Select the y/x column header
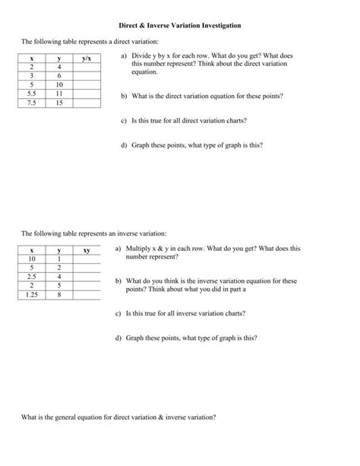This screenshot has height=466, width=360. click(87, 59)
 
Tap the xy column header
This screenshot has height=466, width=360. click(87, 249)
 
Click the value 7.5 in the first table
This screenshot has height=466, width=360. click(32, 102)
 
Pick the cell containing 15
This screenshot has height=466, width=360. click(59, 102)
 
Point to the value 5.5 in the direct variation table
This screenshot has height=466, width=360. click(32, 94)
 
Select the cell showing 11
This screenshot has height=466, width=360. click(59, 94)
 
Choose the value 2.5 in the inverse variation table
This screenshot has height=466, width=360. click(32, 276)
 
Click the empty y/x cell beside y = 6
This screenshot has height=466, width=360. click(87, 76)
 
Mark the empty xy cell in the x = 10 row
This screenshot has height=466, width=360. click(87, 258)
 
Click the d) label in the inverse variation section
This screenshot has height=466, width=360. click(118, 336)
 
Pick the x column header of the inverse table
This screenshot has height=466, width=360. click(32, 249)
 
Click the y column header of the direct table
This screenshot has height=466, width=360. click(59, 59)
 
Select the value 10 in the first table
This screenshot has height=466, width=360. click(59, 84)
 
